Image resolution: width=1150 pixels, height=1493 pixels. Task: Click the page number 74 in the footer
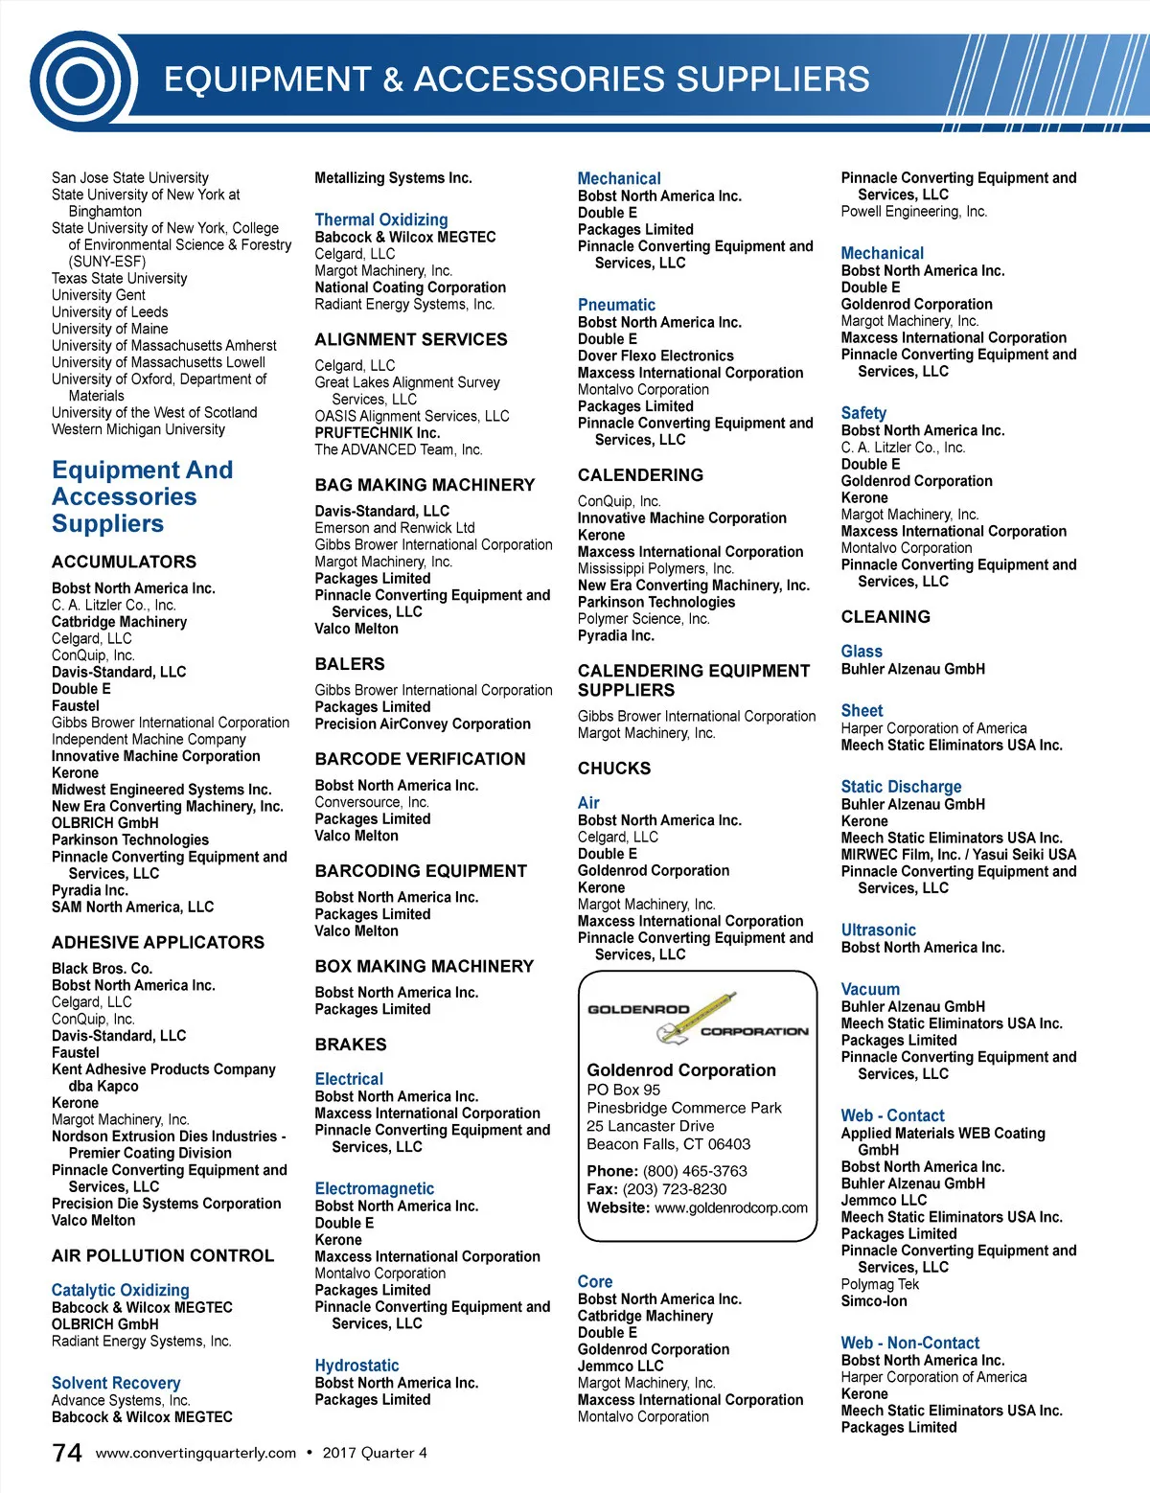coord(67,1453)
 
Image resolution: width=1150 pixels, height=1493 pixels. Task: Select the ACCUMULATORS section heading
coord(124,562)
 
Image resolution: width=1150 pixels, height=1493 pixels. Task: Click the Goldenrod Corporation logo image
coord(697,1019)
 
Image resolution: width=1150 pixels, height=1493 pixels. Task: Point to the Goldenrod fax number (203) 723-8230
coord(674,1189)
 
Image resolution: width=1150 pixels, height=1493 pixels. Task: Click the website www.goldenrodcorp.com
coord(731,1207)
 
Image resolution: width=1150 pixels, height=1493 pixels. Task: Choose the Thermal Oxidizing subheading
coord(381,219)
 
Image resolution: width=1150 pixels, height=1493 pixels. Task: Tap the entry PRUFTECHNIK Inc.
coord(378,433)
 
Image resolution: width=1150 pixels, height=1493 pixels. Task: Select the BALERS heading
coord(350,664)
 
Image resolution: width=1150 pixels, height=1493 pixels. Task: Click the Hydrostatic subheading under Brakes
coord(356,1366)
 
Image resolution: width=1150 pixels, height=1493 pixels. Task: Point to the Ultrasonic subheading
coord(878,930)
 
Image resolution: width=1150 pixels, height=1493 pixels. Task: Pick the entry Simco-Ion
coord(874,1301)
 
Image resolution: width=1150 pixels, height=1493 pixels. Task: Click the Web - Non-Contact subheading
coord(909,1343)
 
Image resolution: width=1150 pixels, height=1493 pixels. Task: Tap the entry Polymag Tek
coord(880,1284)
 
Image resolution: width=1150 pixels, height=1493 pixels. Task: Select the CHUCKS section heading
coord(614,769)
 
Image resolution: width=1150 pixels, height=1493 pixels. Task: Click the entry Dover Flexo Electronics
coord(655,356)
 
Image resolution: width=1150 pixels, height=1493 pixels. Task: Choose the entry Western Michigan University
coord(138,429)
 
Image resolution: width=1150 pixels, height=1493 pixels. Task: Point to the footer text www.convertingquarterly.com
coord(195,1453)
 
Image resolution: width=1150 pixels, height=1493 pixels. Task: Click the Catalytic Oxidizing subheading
coord(121,1290)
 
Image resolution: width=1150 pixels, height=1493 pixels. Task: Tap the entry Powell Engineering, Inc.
coord(913,212)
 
